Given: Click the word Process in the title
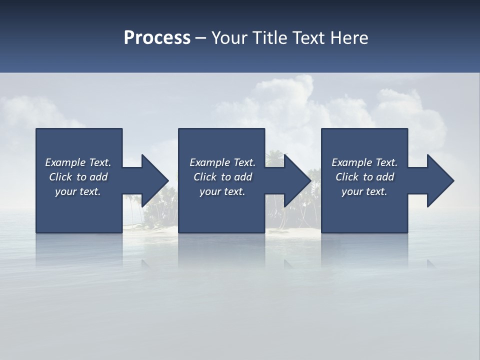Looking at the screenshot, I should (157, 38).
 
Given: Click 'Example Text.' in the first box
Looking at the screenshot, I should (78, 162).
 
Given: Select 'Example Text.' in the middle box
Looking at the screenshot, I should (222, 162).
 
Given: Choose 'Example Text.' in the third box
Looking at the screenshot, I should (364, 162).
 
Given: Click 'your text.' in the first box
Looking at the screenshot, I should (78, 191).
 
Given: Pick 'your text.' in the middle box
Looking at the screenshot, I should (222, 191).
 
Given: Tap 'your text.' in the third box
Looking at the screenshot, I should (364, 191).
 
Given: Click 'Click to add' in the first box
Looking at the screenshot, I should (78, 177).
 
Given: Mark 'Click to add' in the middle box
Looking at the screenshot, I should (222, 177).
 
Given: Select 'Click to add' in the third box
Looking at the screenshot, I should (364, 177).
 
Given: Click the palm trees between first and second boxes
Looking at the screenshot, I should (160, 210).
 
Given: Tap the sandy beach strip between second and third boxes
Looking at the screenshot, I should (292, 230).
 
